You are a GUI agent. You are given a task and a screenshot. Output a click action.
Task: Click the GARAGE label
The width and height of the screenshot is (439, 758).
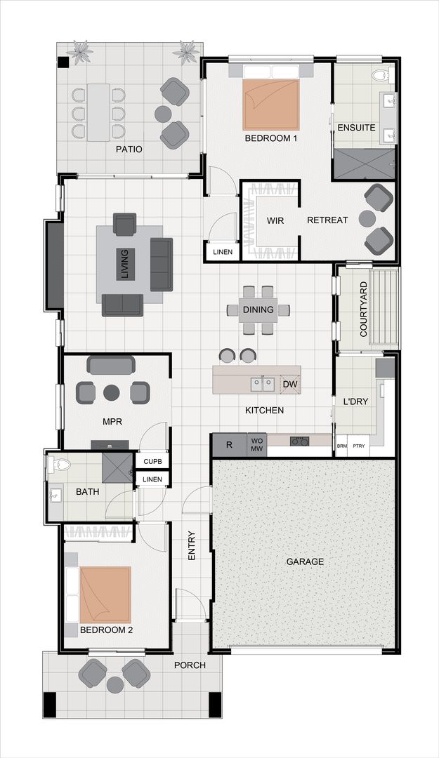(305, 561)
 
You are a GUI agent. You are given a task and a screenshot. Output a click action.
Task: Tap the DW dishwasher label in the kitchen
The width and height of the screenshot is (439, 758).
(290, 384)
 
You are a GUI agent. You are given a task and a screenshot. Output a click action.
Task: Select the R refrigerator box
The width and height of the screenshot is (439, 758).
(229, 445)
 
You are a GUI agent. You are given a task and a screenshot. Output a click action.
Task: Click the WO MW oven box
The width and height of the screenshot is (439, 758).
(256, 445)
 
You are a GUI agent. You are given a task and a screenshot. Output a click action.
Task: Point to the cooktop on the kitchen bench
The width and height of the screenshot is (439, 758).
(300, 441)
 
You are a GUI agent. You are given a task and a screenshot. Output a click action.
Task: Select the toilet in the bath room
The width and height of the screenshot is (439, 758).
(60, 464)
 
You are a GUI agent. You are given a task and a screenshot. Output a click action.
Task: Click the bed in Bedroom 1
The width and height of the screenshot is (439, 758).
(271, 104)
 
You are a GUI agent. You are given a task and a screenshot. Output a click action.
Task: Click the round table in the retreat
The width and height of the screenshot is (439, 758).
(367, 219)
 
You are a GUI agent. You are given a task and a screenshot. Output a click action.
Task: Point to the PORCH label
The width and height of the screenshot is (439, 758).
(190, 665)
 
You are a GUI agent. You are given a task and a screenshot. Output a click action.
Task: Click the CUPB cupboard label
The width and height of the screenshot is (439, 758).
(152, 462)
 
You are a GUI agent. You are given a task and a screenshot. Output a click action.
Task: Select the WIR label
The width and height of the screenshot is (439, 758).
(275, 220)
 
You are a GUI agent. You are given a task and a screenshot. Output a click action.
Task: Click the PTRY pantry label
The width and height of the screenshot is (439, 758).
(358, 446)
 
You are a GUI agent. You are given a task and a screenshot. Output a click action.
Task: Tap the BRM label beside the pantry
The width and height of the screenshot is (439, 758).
(342, 446)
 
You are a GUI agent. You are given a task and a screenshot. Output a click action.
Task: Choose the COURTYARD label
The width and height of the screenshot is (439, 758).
(363, 310)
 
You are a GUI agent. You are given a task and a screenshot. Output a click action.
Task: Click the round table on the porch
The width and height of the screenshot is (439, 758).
(114, 683)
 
